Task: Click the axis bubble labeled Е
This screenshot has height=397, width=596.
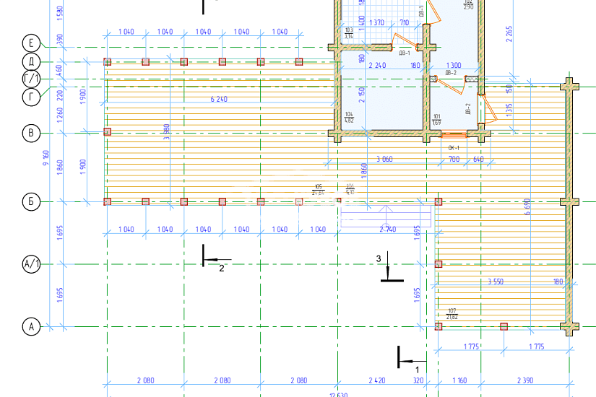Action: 31,41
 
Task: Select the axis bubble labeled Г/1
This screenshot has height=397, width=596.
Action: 31,79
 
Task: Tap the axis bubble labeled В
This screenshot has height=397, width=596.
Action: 31,132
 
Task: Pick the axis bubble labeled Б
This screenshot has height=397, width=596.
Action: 31,201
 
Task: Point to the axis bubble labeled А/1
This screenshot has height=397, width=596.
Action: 31,265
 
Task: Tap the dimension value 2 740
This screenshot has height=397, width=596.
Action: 388,229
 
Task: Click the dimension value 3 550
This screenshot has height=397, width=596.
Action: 501,281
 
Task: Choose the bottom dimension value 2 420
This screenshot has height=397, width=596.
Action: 377,380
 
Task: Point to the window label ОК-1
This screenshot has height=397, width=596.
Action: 454,147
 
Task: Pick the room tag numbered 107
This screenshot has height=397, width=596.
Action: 452,313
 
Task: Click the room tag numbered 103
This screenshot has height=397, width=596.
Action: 349,32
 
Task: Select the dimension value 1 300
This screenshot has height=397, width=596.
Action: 454,65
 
